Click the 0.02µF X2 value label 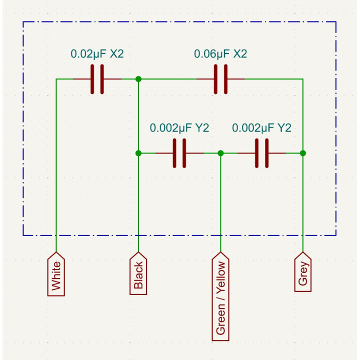(x=97, y=54)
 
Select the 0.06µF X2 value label (x=220, y=54)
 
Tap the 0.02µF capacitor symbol (x=97, y=79)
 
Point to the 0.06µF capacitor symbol (x=220, y=79)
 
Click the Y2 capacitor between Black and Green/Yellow (x=179, y=153)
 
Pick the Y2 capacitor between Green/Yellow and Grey (x=261, y=153)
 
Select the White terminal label (x=56, y=274)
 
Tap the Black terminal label (x=138, y=273)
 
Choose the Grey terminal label (x=303, y=272)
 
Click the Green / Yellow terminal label (x=220, y=296)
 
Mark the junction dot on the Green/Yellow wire (x=220, y=153)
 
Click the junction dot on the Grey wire (x=303, y=153)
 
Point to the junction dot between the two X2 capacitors (x=138, y=79)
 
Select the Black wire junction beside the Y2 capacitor (x=138, y=153)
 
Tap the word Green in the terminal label (x=221, y=319)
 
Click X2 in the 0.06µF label (x=240, y=54)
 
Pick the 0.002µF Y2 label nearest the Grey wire (x=261, y=128)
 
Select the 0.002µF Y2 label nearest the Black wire (x=179, y=128)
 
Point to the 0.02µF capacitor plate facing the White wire (x=92, y=79)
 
